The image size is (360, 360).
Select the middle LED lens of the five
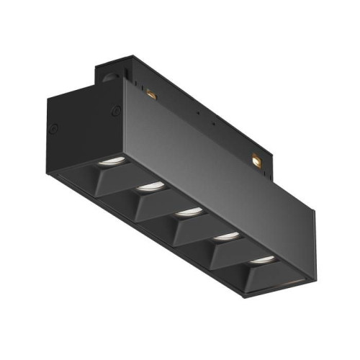coord(189,211)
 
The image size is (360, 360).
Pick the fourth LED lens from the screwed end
coord(226,235)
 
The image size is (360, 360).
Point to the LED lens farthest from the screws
coord(263,258)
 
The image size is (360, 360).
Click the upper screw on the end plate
coord(115,110)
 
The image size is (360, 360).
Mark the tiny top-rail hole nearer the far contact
coord(215,127)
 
